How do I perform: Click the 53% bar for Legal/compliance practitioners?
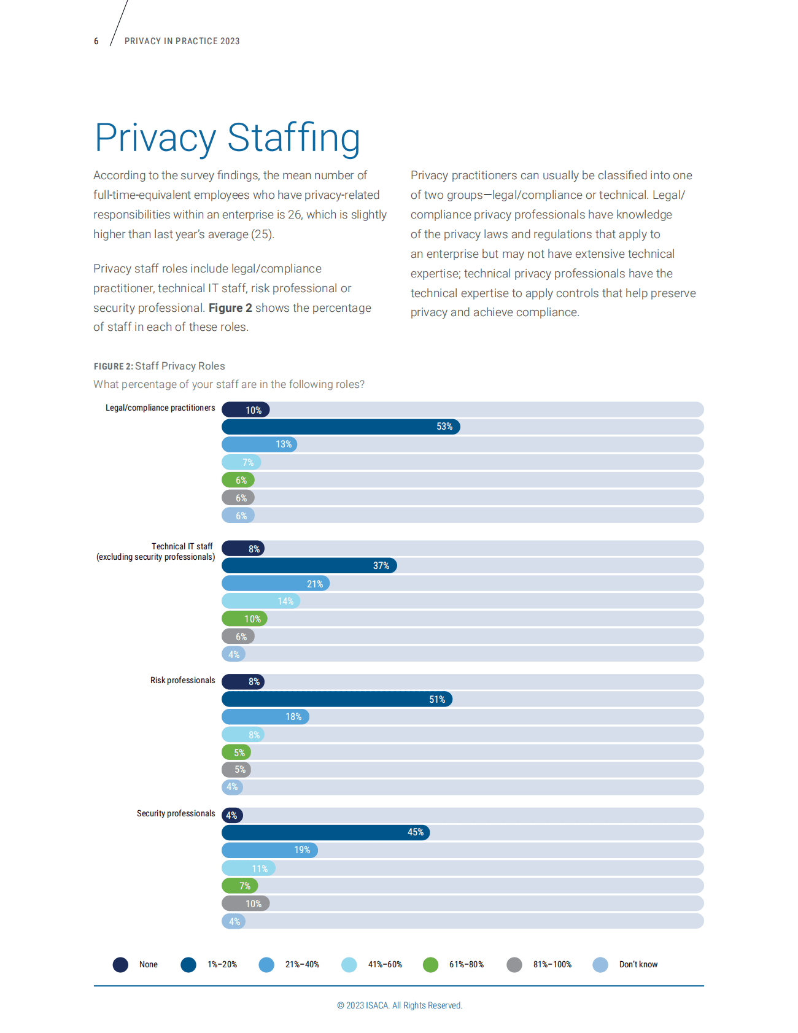341,427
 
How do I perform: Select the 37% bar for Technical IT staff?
309,565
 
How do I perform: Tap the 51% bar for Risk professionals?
336,699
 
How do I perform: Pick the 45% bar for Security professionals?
325,832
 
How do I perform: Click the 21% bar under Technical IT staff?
275,584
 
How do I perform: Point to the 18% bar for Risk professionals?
265,716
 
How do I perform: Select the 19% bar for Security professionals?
269,850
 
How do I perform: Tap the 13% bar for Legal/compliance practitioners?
259,444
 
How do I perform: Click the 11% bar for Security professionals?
248,869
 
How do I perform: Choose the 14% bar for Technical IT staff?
260,601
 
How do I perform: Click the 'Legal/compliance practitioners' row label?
160,408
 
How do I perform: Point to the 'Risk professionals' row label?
182,681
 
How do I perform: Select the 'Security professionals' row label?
176,814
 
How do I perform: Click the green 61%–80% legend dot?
431,965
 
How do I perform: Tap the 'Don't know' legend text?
638,965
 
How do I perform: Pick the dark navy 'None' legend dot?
120,965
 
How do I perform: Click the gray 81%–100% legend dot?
514,965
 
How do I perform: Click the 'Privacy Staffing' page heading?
227,138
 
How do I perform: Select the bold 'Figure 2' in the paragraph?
230,308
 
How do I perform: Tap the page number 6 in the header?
96,41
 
